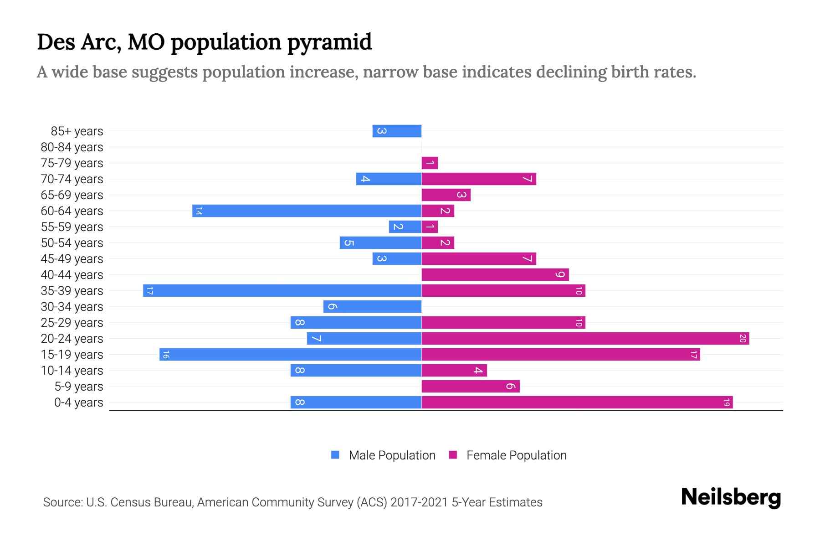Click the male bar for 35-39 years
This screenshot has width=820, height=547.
282,290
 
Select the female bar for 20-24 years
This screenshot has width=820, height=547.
585,338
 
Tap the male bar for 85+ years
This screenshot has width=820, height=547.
397,131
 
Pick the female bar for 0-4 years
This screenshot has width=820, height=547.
577,402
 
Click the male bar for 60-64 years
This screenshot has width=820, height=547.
307,211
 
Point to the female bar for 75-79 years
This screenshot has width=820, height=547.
430,163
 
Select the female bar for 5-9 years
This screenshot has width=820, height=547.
471,386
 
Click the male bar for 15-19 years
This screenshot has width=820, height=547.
290,354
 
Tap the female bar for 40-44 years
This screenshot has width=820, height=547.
495,274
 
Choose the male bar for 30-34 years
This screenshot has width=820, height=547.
372,306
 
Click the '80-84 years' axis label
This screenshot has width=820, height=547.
72,147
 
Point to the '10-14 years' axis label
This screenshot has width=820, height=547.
72,371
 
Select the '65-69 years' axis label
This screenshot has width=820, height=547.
72,195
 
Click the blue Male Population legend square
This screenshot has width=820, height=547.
335,455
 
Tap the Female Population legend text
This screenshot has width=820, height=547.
516,455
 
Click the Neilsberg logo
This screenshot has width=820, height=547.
731,497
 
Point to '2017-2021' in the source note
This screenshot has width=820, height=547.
419,502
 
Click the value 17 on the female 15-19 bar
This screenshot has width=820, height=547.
693,354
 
